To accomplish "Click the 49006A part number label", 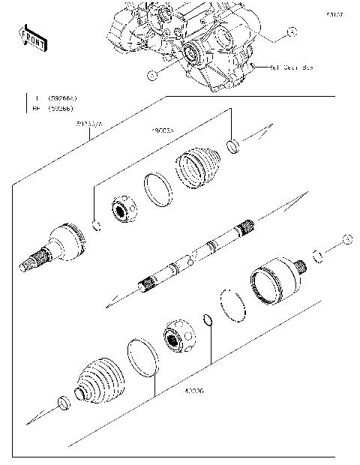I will [163, 130].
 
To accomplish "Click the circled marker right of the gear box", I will [292, 32].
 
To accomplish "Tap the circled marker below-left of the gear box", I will [151, 75].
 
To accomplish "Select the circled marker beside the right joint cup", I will [346, 238].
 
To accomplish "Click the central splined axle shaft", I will [195, 255].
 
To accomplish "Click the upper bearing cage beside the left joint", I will [121, 209].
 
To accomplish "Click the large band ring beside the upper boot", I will [157, 188].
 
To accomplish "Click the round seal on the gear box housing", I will [191, 53].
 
